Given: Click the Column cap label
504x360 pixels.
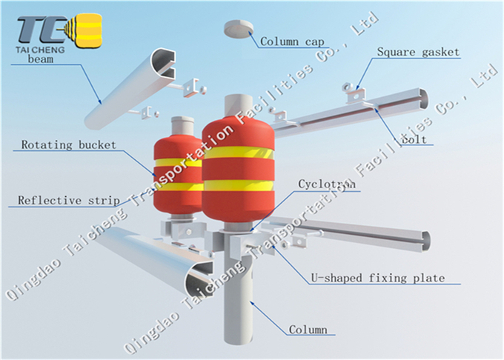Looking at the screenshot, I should pos(290,41).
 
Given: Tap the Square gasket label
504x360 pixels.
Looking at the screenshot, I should pos(418,52).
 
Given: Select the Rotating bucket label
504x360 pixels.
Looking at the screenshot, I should pos(68,144).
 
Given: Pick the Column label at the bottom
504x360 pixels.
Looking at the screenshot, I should pos(307,330).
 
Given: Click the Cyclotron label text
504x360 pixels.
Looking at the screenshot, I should pos(327,184).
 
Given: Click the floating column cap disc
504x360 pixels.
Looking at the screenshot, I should pos(238,28).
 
